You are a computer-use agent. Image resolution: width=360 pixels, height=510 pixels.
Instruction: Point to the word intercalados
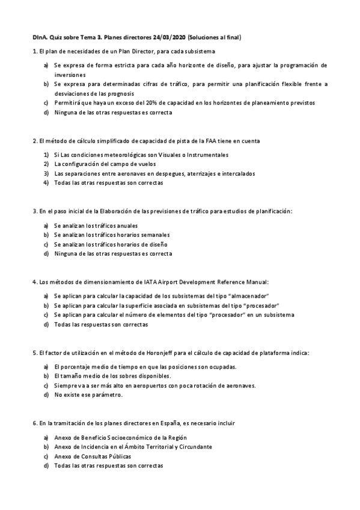click(x=237, y=173)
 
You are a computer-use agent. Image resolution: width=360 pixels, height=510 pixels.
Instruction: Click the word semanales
click(x=154, y=235)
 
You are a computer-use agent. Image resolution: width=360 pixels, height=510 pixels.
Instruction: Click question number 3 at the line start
click(x=34, y=211)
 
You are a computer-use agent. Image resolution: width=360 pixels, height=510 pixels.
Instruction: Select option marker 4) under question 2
click(x=46, y=183)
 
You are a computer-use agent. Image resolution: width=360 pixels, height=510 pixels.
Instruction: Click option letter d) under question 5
click(x=46, y=395)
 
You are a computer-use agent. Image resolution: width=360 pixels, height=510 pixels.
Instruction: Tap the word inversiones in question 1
click(x=71, y=75)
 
